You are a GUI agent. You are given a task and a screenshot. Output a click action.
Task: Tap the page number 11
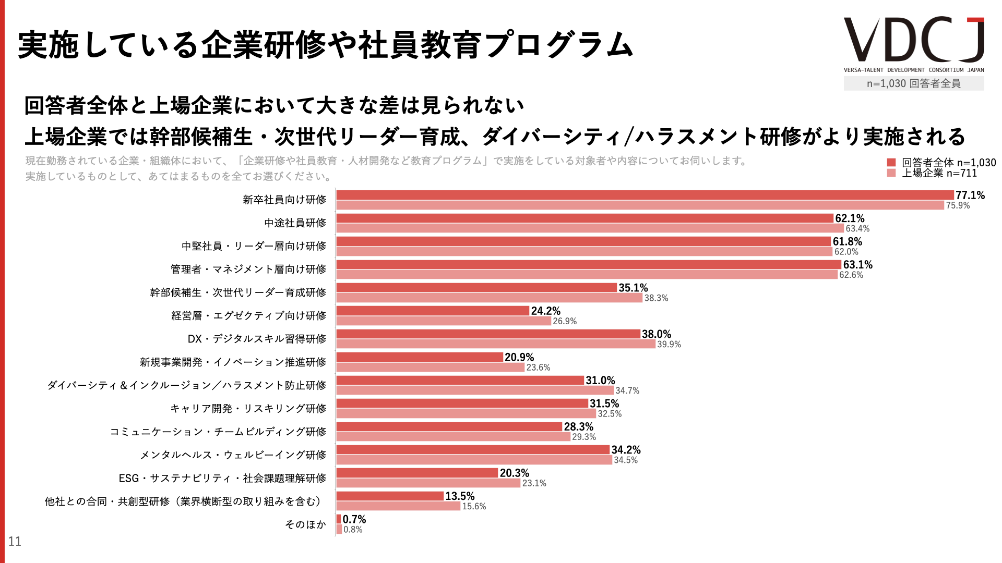coord(15,542)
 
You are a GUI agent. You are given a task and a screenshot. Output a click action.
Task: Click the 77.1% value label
coord(970,195)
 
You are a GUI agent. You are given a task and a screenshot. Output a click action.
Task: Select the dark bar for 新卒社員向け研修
coord(645,195)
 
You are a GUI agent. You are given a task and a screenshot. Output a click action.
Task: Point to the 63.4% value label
coord(857,229)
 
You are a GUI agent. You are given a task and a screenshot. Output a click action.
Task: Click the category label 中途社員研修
coord(295,223)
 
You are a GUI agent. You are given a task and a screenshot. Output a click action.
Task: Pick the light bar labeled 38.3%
coord(489,298)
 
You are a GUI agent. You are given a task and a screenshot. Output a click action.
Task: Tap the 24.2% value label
coord(545,311)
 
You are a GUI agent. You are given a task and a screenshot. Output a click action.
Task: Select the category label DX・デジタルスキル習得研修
coord(257,339)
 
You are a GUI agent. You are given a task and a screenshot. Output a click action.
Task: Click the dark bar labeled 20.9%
coord(420,357)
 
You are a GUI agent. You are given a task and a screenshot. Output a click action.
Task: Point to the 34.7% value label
coord(627,391)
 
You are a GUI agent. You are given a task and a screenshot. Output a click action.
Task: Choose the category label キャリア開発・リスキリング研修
coord(248,409)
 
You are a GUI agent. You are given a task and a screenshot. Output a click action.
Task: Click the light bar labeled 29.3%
coord(453,437)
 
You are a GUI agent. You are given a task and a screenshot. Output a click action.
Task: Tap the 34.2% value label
coord(626,450)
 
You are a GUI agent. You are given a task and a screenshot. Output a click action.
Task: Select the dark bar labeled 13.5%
coord(390,496)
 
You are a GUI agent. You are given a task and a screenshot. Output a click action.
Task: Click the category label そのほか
coord(305,524)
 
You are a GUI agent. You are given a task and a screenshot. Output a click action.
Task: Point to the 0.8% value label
coord(353,530)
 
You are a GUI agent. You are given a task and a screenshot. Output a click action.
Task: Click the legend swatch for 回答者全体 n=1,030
coord(891,163)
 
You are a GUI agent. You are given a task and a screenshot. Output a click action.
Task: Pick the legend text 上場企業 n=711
coord(939,174)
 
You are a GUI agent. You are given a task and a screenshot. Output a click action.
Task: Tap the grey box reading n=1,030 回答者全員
coord(913,83)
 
